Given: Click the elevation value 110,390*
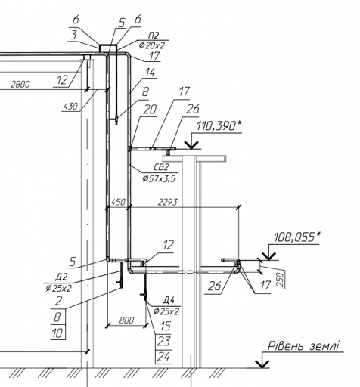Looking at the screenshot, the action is pos(219,126).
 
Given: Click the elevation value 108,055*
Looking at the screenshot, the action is pos(296,237).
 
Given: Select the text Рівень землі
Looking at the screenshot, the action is pos(303,346).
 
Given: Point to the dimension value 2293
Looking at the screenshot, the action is pos(168,202).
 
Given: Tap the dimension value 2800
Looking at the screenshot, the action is pos(20,85).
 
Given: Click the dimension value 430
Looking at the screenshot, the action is pos(70,106).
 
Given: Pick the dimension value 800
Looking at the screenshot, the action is pos(126,320).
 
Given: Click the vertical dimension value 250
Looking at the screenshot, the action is pos(281,279).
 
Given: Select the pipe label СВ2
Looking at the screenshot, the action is pos(161,167).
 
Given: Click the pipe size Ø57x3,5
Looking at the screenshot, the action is pos(159,178).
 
